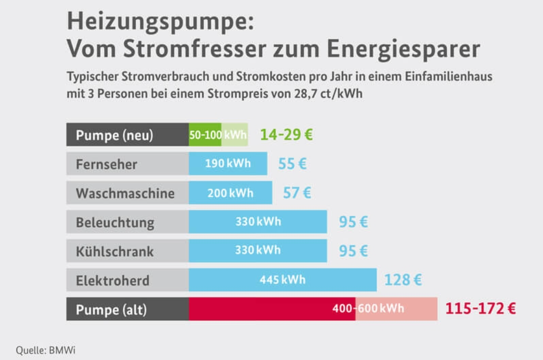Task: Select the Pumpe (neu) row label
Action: pyautogui.click(x=115, y=135)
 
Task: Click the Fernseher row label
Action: pyautogui.click(x=106, y=164)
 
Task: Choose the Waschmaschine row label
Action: pyautogui.click(x=125, y=193)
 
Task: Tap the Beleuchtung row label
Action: pyautogui.click(x=115, y=222)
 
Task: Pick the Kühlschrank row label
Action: pyautogui.click(x=115, y=251)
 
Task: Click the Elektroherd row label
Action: pyautogui.click(x=112, y=280)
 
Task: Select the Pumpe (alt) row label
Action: pyautogui.click(x=111, y=310)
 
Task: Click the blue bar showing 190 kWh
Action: pyautogui.click(x=228, y=164)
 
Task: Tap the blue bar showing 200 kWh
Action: pyautogui.click(x=231, y=193)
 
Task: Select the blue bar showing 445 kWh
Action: pyautogui.click(x=282, y=280)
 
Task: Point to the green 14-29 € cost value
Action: pyautogui.click(x=287, y=135)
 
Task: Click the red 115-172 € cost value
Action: pyautogui.click(x=480, y=309)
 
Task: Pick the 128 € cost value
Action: pyautogui.click(x=403, y=280)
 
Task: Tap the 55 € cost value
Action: pyautogui.click(x=292, y=164)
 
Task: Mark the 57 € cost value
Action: pyautogui.click(x=297, y=193)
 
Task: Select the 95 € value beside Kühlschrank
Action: pyautogui.click(x=353, y=251)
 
